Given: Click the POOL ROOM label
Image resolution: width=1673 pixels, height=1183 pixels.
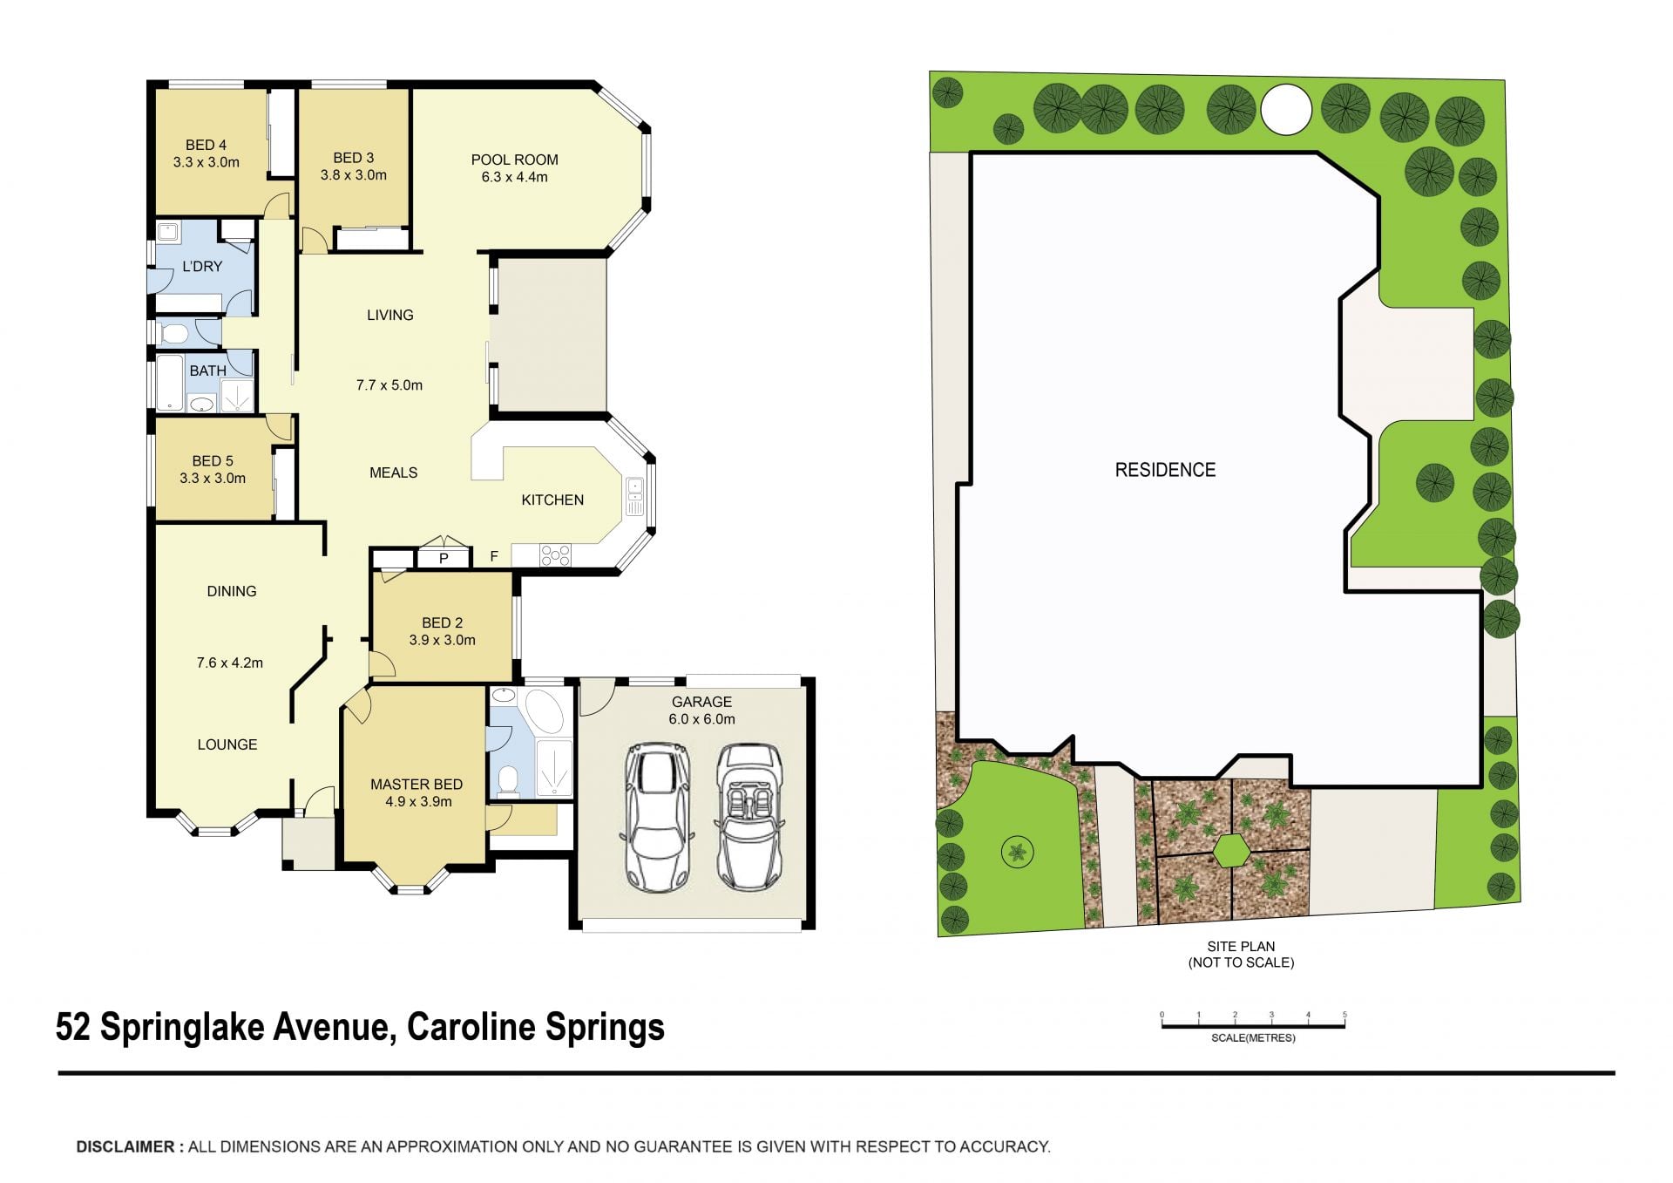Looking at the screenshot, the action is [x=514, y=160].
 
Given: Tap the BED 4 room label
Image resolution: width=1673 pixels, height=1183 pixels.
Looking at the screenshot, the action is [x=206, y=145].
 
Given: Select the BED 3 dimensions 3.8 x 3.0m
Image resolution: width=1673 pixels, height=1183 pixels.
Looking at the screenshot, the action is [x=353, y=174].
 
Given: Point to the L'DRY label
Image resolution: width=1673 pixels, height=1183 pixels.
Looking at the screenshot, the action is [x=202, y=266].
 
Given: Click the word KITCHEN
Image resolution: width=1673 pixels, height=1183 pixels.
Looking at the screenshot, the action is [x=552, y=500].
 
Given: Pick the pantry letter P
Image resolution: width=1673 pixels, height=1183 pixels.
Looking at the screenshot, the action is [x=444, y=558].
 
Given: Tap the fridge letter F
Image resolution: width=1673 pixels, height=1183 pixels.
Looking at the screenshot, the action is [x=494, y=556].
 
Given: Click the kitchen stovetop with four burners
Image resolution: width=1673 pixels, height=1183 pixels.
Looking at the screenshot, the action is [x=555, y=554].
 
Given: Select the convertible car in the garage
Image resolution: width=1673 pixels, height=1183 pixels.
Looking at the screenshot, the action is [x=748, y=817].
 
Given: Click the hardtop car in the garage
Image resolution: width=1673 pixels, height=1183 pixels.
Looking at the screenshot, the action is [x=658, y=817].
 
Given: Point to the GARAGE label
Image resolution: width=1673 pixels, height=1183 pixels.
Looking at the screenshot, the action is [x=701, y=702].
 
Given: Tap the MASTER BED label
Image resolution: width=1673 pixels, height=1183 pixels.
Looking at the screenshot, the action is [x=417, y=785].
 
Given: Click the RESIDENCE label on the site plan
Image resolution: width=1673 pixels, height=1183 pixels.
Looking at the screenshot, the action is [x=1165, y=470].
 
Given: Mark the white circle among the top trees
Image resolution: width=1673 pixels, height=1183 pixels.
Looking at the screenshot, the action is [x=1286, y=110].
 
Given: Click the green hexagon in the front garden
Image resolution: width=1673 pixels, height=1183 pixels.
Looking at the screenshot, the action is [x=1232, y=851].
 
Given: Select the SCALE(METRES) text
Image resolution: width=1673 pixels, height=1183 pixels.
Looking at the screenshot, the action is [x=1253, y=1038].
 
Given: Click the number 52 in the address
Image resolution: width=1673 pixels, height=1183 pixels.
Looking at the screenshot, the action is [x=73, y=1027].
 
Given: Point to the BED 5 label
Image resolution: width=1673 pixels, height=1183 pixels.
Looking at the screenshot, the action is [x=213, y=461].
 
